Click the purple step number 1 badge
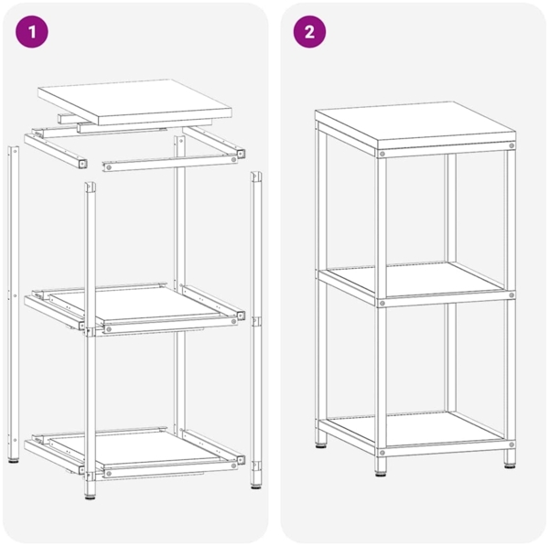point(33,33)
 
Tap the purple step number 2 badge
point(309,33)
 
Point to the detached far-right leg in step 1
point(255,320)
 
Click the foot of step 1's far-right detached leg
point(255,483)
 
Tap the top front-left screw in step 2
point(382,152)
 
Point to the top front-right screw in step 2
point(511,145)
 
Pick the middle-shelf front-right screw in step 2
point(511,295)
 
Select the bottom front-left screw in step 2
point(382,452)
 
